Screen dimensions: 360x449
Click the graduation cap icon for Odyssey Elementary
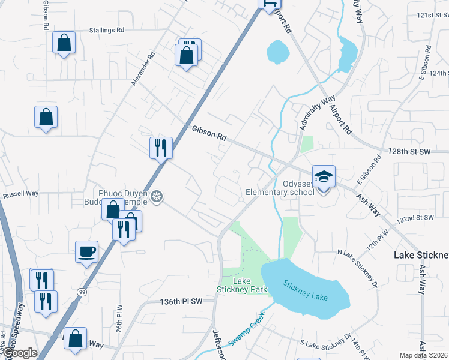click(324, 176)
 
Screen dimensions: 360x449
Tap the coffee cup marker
click(87, 251)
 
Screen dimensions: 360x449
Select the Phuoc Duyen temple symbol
click(157, 196)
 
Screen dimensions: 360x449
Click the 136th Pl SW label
click(187, 302)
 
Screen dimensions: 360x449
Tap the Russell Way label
click(20, 194)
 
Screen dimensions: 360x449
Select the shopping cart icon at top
click(270, 3)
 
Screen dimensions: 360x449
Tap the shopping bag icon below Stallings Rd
click(64, 43)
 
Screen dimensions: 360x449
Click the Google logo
click(19, 353)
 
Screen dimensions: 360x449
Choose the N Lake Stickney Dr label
click(357, 266)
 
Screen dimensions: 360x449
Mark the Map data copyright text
click(424, 355)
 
